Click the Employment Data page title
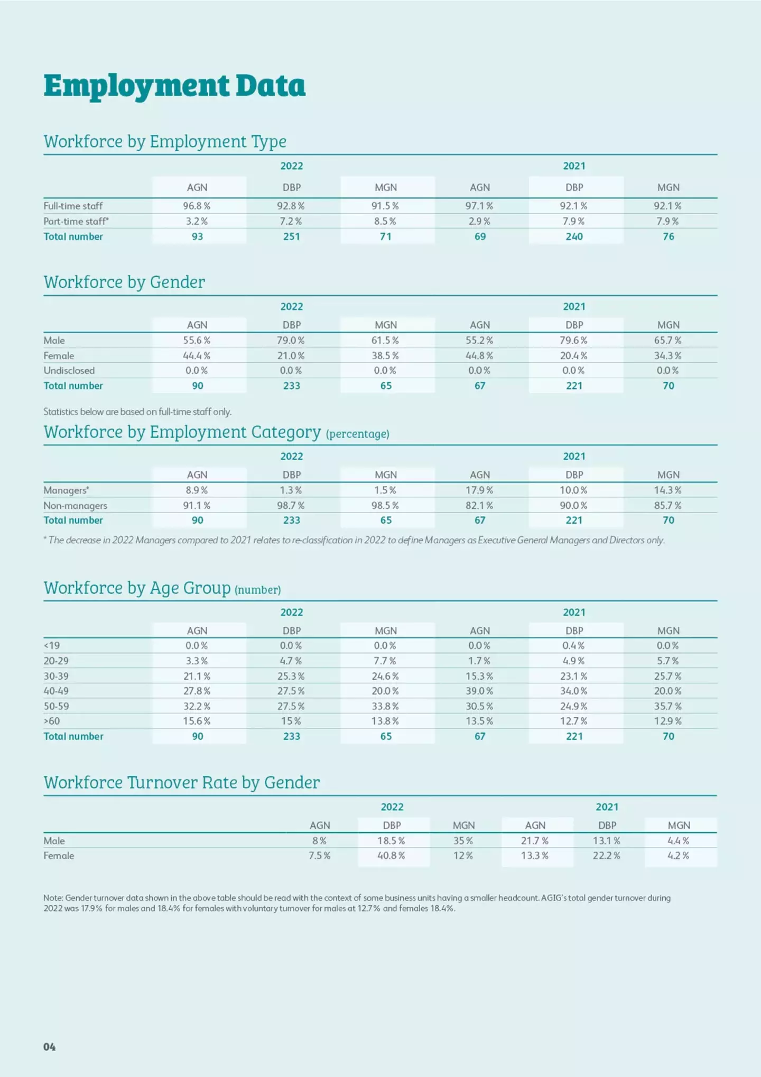click(x=174, y=86)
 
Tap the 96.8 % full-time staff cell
click(x=197, y=206)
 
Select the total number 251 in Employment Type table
click(x=291, y=236)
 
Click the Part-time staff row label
click(x=76, y=221)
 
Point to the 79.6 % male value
click(x=573, y=340)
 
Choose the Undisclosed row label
click(x=69, y=370)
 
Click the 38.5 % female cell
click(x=385, y=355)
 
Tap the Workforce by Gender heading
click(x=124, y=282)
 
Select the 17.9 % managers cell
click(x=479, y=490)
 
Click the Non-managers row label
click(x=76, y=506)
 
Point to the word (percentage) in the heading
click(x=358, y=434)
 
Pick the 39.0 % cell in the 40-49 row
click(x=479, y=691)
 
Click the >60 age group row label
click(x=52, y=721)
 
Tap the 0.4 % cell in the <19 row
click(x=573, y=645)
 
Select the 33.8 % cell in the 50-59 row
click(x=385, y=706)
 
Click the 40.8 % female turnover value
click(x=391, y=855)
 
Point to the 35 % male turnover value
click(x=463, y=841)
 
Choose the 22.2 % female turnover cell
click(x=607, y=855)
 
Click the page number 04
click(x=50, y=1047)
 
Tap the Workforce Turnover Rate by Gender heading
click(x=182, y=782)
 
